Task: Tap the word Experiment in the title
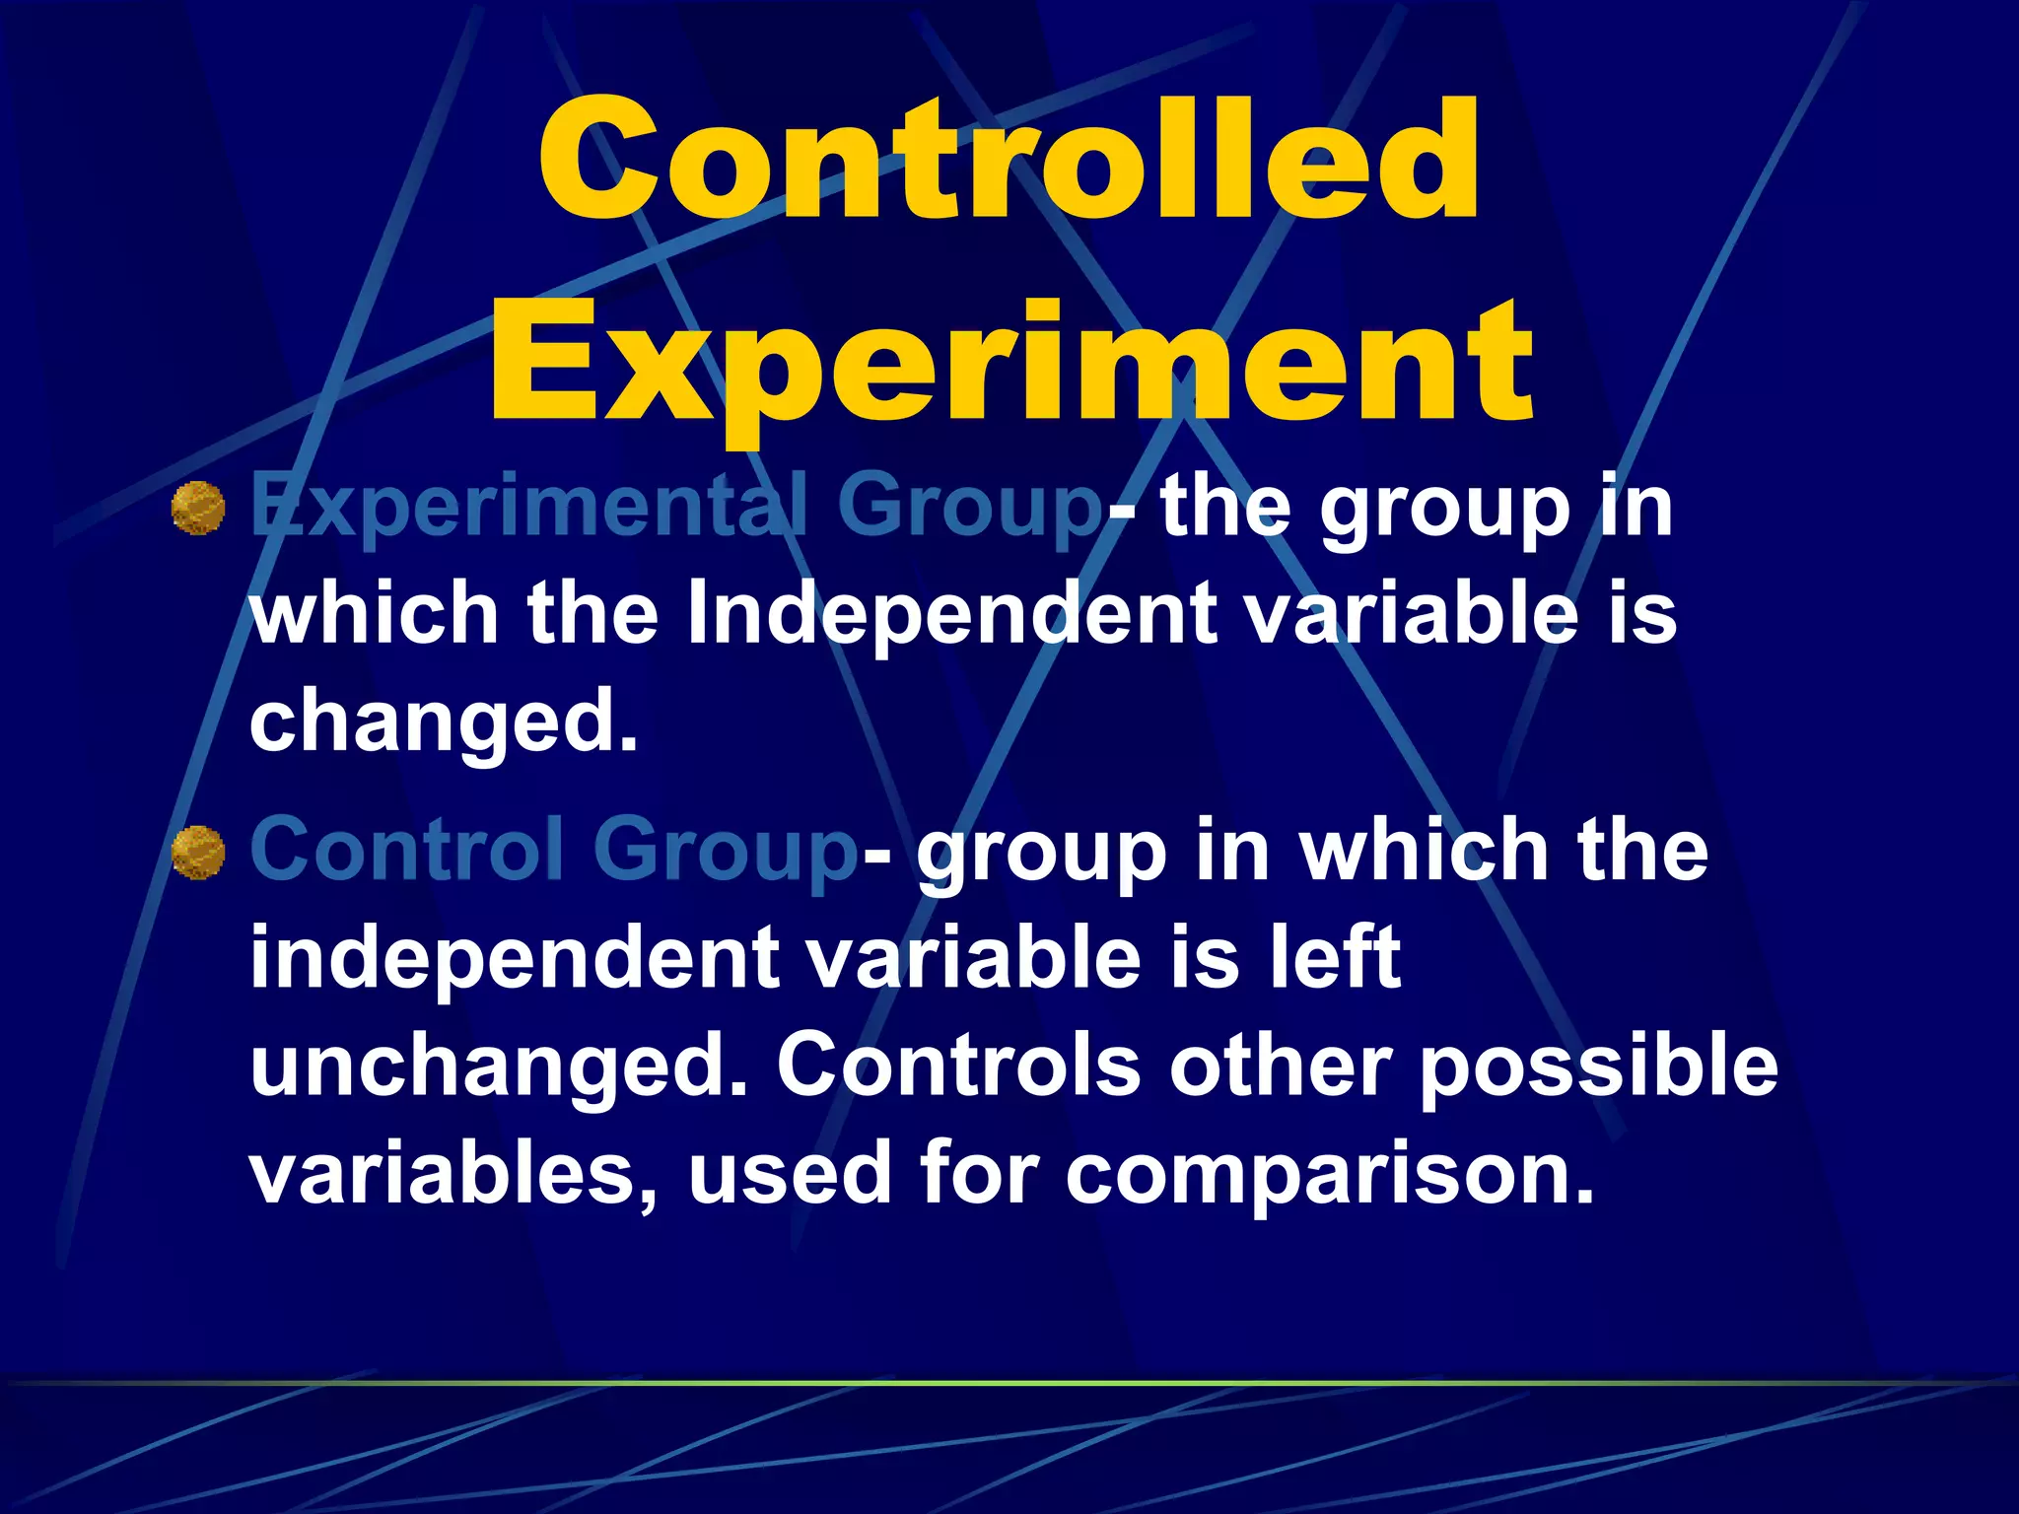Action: [1010, 365]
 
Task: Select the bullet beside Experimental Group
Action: [198, 509]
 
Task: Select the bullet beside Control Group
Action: [198, 853]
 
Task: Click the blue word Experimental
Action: [528, 509]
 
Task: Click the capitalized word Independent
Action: [951, 614]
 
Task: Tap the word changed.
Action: [444, 722]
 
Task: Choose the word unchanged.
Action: [499, 1067]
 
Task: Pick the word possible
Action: [1598, 1067]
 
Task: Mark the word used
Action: [790, 1173]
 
